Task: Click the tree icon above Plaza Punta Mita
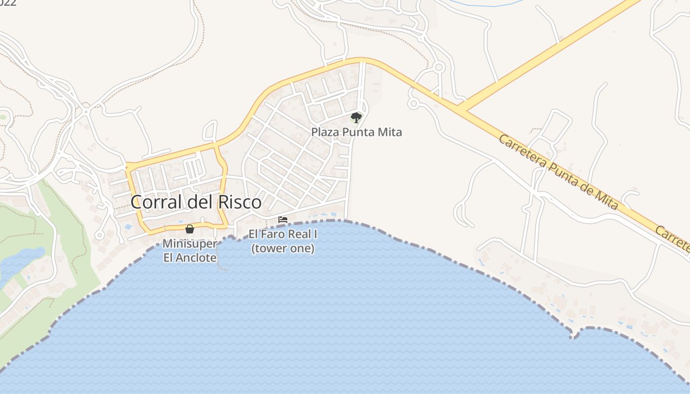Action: click(356, 117)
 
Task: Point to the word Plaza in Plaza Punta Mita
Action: click(323, 132)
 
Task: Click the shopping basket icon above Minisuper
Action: click(190, 229)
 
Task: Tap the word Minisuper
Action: click(190, 244)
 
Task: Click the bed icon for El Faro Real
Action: click(283, 220)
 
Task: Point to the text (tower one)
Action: click(283, 248)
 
